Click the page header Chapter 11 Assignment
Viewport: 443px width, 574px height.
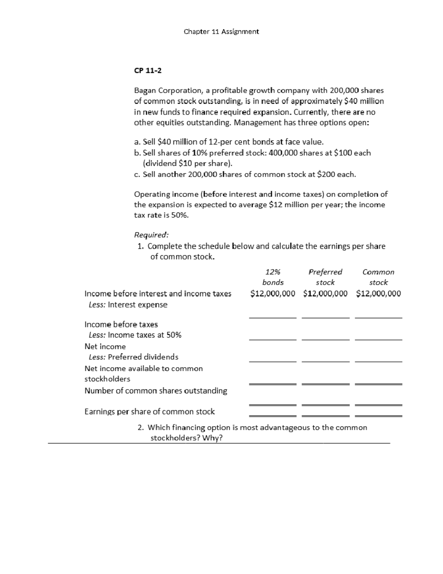pyautogui.click(x=221, y=32)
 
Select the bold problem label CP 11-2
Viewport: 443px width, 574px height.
pyautogui.click(x=148, y=71)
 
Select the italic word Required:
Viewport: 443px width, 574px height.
pyautogui.click(x=151, y=235)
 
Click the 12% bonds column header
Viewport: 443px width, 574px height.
pyautogui.click(x=273, y=277)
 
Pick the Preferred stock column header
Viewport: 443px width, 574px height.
pyautogui.click(x=325, y=277)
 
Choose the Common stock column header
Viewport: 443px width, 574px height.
pyautogui.click(x=378, y=277)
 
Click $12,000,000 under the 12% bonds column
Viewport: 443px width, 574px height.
pyautogui.click(x=273, y=294)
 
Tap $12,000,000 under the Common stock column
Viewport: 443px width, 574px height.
pyautogui.click(x=378, y=294)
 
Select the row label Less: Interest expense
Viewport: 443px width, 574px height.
pyautogui.click(x=128, y=305)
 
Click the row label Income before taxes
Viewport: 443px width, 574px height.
pyautogui.click(x=121, y=325)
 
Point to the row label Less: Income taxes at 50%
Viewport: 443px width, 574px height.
pyautogui.click(x=135, y=335)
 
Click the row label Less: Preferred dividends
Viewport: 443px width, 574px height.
pyautogui.click(x=133, y=357)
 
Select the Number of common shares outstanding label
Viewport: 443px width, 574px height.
pyautogui.click(x=156, y=391)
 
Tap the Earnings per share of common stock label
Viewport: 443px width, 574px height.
pyautogui.click(x=150, y=412)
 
